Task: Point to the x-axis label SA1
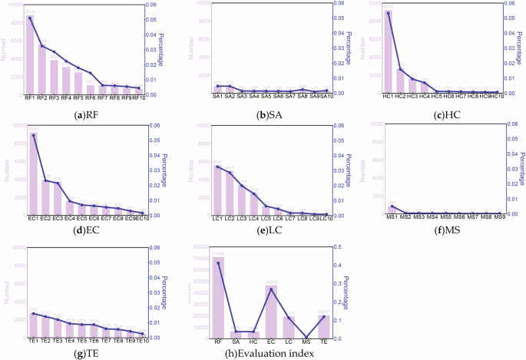217,96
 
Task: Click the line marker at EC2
45,181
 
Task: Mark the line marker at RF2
42,46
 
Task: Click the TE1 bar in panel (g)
32,325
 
